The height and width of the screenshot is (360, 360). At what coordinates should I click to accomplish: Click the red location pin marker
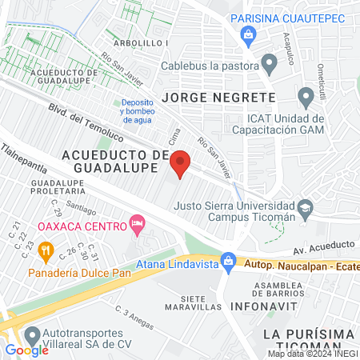tap(181, 163)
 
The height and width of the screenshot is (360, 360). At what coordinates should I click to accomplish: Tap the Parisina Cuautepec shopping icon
tap(250, 34)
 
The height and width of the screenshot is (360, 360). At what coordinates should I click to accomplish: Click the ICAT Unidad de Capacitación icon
tap(305, 98)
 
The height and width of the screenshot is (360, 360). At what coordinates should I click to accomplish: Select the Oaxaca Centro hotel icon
tap(137, 226)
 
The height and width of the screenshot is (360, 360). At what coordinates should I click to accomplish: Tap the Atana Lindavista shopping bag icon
tap(229, 260)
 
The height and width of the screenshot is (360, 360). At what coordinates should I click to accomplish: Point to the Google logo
tap(27, 350)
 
